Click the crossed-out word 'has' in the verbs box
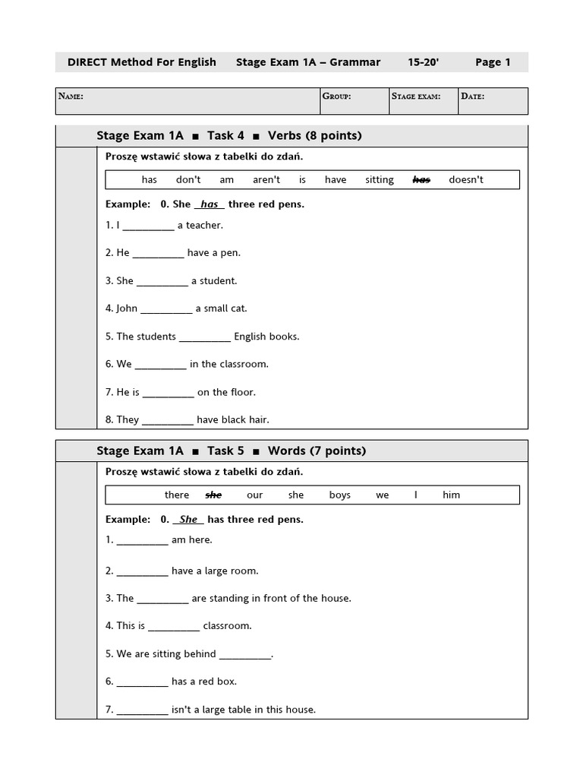421,180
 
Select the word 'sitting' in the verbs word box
380,180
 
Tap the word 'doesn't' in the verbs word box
466,180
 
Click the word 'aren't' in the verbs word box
266,180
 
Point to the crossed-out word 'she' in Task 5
213,495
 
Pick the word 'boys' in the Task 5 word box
340,495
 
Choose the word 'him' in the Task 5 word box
452,495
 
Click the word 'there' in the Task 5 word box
177,495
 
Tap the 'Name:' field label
71,96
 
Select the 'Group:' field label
336,96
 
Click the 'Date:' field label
472,96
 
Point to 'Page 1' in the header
493,62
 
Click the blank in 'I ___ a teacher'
148,226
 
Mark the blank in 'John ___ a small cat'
166,309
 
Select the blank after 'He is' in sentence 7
169,393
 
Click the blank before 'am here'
143,541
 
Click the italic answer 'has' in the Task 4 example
210,204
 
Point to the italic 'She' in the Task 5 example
188,520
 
